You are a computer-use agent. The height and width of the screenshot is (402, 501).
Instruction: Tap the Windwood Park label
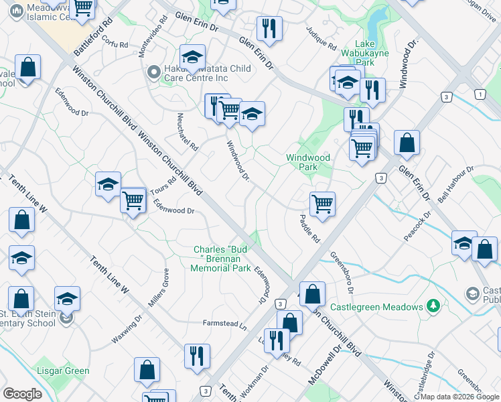(x=308, y=162)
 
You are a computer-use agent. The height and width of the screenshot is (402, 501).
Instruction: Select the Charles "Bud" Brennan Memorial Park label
(x=221, y=259)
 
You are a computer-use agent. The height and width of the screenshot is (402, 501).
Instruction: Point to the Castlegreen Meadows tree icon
(x=433, y=306)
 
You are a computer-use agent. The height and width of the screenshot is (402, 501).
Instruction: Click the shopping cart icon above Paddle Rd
(x=323, y=204)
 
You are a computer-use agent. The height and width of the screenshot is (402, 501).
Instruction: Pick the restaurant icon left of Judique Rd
(x=269, y=28)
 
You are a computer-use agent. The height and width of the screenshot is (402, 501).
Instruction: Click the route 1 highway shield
(x=480, y=94)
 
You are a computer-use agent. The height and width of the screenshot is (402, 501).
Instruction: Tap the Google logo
(x=22, y=394)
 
